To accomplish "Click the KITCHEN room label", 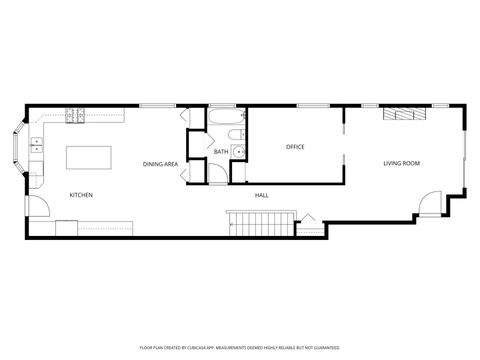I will pos(81,195).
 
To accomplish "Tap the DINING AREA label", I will pos(160,163).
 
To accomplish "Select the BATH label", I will pos(221,152).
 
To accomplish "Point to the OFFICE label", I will pos(295,147).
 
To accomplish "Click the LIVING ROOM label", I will pos(403,163).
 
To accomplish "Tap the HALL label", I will pos(261,195).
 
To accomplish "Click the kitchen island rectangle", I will pos(88,158).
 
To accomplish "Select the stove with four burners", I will pos(74,116).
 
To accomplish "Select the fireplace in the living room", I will pos(403,114).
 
